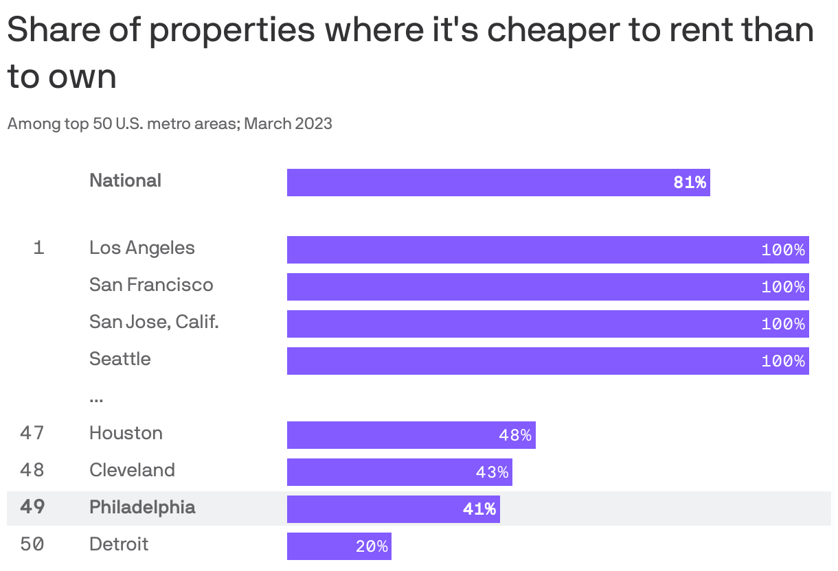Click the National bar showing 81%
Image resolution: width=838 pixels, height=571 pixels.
498,183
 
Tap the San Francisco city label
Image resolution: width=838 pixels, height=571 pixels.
151,285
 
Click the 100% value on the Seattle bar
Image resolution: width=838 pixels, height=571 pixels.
782,361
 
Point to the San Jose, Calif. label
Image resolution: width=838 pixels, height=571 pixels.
154,322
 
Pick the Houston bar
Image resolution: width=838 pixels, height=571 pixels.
411,435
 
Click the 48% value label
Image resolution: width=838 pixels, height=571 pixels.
515,436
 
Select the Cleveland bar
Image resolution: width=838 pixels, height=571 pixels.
399,472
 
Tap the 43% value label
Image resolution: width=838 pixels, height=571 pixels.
492,473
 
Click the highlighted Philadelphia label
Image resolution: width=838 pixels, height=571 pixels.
142,507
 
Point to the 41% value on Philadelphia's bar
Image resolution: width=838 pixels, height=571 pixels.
479,509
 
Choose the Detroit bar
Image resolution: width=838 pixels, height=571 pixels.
339,546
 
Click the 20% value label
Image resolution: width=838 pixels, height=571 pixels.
372,547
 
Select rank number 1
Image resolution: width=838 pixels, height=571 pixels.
38,248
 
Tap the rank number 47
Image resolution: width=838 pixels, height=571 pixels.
32,433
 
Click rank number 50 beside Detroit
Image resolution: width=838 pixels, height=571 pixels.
32,544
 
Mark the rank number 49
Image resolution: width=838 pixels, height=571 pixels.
32,507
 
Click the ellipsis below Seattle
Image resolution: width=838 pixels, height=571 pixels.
96,399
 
